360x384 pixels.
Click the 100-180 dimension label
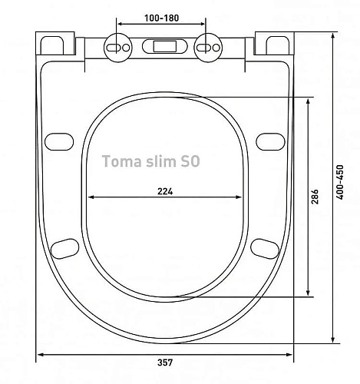coord(162,17)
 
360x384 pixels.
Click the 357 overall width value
coord(165,362)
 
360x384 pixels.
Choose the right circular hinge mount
coord(206,46)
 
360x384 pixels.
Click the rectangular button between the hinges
coord(163,46)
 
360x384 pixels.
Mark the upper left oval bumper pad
coord(58,141)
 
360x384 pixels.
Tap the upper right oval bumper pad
coord(269,141)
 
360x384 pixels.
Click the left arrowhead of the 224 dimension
coord(90,200)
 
